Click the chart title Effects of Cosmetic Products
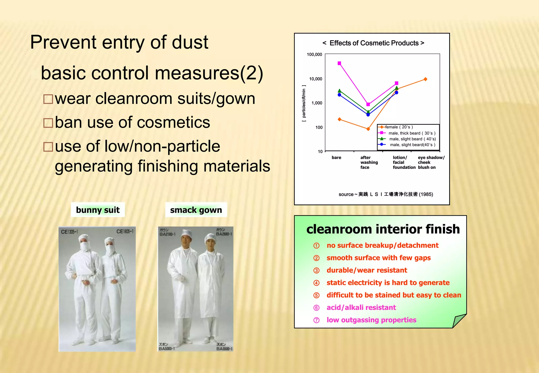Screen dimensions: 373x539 (x=373, y=43)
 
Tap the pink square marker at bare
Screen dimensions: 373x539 (x=339, y=63)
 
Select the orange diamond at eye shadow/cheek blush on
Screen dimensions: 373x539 (x=425, y=79)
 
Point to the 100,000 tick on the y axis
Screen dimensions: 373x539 (x=315, y=54)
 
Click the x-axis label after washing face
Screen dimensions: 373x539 (x=369, y=162)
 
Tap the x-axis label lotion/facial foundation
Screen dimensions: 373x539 (x=404, y=162)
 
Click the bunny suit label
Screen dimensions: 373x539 (x=98, y=210)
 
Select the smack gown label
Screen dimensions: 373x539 (x=196, y=210)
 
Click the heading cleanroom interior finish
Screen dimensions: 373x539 (x=383, y=229)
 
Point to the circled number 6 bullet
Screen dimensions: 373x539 (x=316, y=308)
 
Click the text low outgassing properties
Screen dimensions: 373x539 (x=371, y=320)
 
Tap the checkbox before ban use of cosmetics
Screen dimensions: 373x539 (x=48, y=123)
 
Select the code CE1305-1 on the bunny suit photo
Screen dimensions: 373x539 (x=69, y=232)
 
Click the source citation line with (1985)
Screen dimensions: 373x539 (x=386, y=194)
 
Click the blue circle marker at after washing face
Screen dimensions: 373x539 (x=368, y=115)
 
